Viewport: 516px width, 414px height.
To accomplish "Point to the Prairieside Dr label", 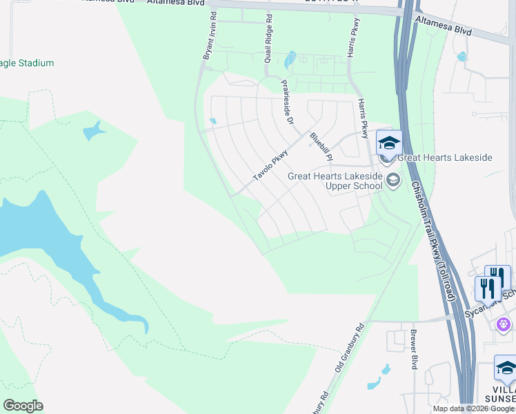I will pos(286,102).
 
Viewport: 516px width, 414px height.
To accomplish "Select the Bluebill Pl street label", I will pos(321,148).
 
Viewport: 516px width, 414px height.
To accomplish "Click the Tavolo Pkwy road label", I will pos(270,166).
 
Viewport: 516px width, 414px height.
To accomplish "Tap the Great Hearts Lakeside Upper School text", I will pos(335,181).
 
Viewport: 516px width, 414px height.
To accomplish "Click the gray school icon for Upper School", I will pos(393,181).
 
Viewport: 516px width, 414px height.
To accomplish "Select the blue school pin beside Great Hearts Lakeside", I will pos(389,144).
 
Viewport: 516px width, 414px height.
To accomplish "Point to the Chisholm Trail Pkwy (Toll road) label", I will pos(433,241).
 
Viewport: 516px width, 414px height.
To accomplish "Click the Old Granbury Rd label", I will pos(350,349).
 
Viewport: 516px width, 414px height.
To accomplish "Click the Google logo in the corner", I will pos(23,406).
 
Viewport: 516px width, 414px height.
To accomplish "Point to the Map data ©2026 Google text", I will pos(473,408).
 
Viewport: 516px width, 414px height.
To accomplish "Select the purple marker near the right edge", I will pos(504,323).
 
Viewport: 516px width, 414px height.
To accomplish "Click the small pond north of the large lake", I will pos(94,129).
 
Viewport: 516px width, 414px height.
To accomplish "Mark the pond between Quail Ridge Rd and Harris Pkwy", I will pos(290,60).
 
